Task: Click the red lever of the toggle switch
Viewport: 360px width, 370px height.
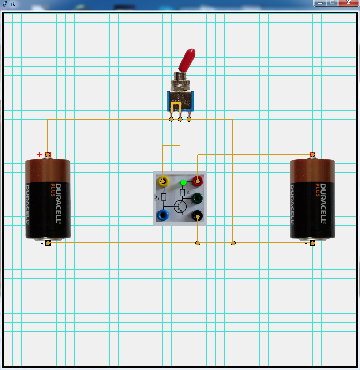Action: [x=187, y=59]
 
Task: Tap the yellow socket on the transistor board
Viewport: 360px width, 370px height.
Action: [x=163, y=181]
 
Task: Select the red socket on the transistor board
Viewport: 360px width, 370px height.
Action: [x=198, y=181]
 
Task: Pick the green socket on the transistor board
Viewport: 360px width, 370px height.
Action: [x=197, y=198]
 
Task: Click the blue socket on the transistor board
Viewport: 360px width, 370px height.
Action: [x=163, y=215]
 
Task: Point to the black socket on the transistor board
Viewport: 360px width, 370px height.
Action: [x=198, y=215]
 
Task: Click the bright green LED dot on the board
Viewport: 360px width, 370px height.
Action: [x=184, y=182]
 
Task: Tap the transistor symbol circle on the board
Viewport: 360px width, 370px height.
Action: [x=180, y=206]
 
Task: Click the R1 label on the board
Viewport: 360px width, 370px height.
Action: [x=157, y=198]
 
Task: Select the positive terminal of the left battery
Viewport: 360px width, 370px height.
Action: [x=48, y=155]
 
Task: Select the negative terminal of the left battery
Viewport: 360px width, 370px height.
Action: [x=48, y=243]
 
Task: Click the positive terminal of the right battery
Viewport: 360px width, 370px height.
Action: [x=312, y=155]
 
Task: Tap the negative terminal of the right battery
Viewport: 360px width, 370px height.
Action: [x=312, y=243]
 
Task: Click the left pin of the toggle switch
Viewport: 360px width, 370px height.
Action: [x=171, y=119]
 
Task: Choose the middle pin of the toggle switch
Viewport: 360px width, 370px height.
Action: [x=180, y=119]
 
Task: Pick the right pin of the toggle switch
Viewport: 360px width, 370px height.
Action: [x=189, y=119]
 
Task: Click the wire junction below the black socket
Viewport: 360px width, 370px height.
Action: [x=198, y=243]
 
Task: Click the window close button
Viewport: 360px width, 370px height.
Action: [x=349, y=3]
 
